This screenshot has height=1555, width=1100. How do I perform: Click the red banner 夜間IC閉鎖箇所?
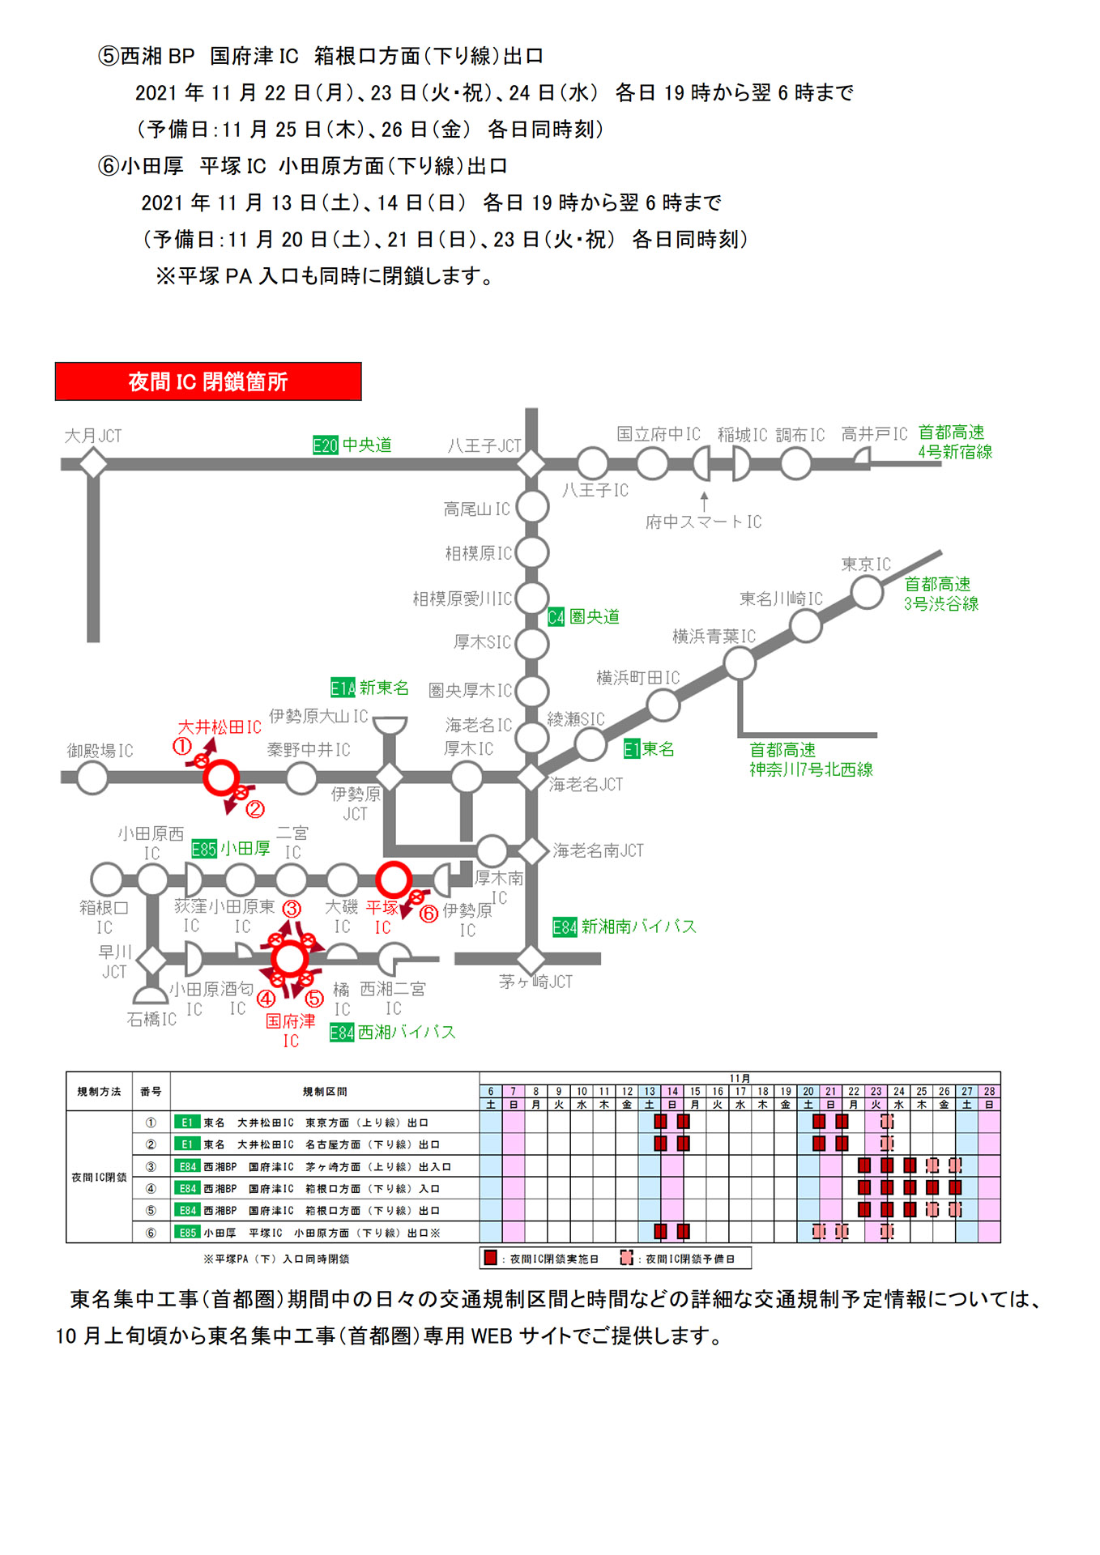[x=208, y=381]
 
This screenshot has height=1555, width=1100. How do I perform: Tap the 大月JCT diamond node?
[x=93, y=464]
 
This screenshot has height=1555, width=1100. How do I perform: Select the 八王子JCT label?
[x=484, y=445]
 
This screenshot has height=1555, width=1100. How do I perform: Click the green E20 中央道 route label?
[x=352, y=445]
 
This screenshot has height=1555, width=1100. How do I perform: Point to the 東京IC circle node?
[x=867, y=592]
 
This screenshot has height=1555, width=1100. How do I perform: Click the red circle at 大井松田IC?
[x=220, y=777]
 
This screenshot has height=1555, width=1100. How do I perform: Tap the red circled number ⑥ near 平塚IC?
[x=428, y=914]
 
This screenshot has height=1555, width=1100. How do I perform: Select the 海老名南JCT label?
[x=598, y=850]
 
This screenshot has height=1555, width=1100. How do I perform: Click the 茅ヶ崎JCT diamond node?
[x=531, y=959]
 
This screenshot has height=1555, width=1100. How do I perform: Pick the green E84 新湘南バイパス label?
[x=624, y=927]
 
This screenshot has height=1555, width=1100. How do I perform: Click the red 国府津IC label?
[x=290, y=1030]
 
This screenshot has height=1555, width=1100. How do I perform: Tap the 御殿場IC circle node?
[x=92, y=777]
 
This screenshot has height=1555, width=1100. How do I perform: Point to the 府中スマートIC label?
[x=703, y=522]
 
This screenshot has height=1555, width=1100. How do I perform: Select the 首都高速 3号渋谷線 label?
[x=940, y=594]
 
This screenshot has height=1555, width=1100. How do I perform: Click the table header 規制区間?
[x=324, y=1092]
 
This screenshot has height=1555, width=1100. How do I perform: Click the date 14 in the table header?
[x=672, y=1092]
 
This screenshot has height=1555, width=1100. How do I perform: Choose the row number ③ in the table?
[x=151, y=1166]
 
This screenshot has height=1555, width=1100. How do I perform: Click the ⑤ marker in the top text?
[x=109, y=56]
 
